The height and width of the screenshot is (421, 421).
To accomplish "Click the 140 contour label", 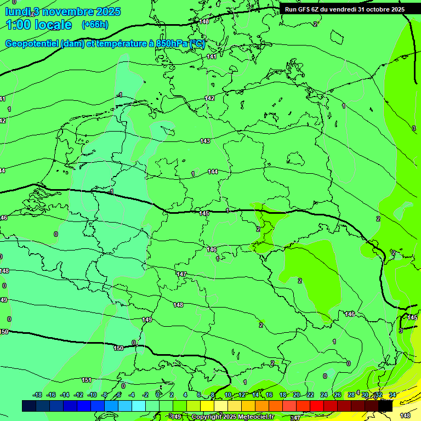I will coord(204,21).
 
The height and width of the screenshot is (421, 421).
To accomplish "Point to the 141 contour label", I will coord(212,56).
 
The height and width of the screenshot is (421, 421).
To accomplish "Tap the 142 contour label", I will coord(209,98).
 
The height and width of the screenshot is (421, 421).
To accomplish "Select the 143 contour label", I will coord(205,141).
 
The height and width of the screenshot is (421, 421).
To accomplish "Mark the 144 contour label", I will coord(213,172).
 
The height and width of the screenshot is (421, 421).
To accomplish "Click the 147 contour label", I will coord(182,274).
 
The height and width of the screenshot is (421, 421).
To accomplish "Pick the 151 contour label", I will coord(87,380).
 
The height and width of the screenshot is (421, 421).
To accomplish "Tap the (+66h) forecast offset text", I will coord(95,25).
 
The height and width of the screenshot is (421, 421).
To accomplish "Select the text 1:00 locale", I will coord(38,25).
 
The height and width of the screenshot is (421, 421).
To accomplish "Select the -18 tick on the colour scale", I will coord(37,395).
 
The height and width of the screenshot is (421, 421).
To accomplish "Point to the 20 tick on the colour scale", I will coord(297,395).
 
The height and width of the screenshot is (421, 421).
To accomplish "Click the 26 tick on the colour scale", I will coord(337,395).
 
